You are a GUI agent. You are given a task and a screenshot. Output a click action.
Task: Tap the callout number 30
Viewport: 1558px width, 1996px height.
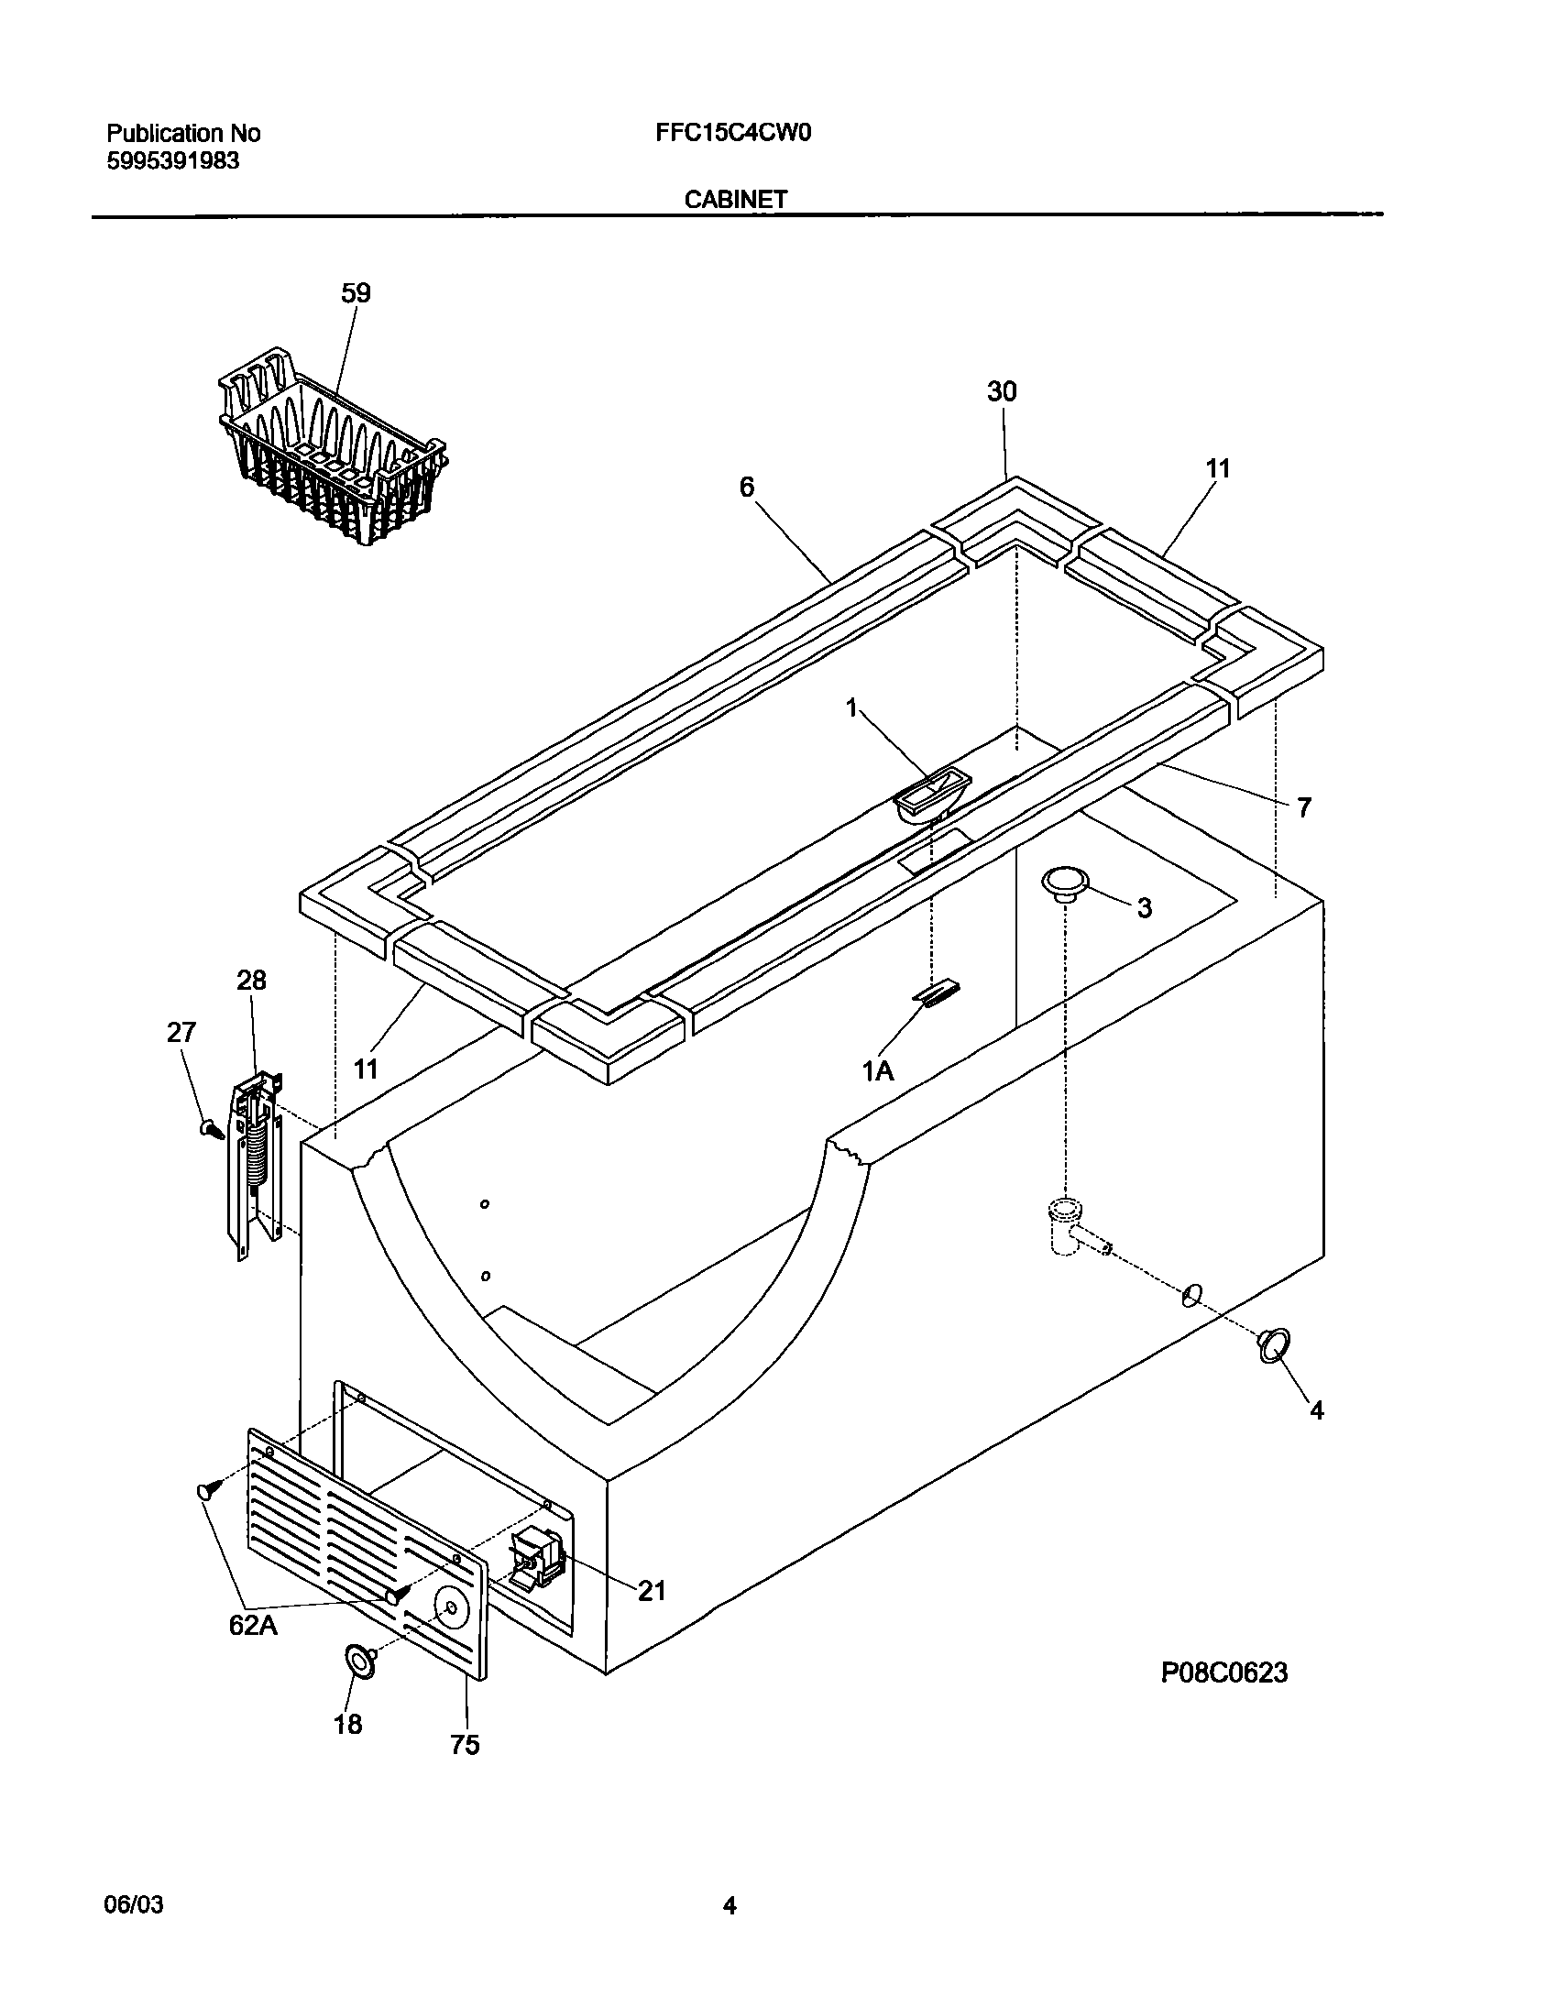(x=1002, y=392)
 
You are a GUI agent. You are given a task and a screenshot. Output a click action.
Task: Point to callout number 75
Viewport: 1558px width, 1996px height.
(x=466, y=1745)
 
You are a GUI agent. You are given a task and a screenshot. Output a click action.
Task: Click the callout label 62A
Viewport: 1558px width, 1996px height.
(x=255, y=1625)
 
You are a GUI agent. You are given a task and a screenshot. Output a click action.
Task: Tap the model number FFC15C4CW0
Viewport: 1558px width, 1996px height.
(x=733, y=134)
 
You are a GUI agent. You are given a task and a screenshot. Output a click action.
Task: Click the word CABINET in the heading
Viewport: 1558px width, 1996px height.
(x=736, y=200)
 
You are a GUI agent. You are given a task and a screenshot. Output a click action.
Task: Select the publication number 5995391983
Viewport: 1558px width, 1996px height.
(x=174, y=161)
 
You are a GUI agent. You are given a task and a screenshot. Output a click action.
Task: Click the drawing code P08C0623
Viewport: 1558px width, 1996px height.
(x=1224, y=1673)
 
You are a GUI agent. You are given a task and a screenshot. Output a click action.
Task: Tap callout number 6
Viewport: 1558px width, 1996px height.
(x=747, y=488)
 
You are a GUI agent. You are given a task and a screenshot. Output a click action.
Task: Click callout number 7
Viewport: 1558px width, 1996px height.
(x=1303, y=807)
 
